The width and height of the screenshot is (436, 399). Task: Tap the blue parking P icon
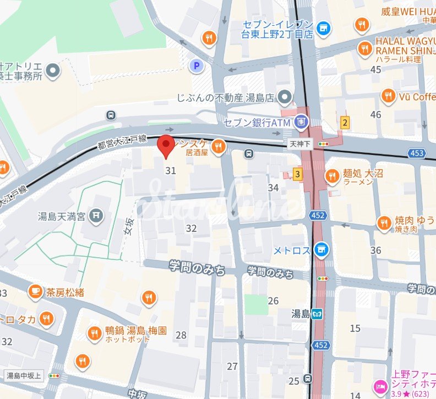[x=195, y=66]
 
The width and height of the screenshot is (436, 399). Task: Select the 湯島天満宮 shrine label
[x=61, y=215]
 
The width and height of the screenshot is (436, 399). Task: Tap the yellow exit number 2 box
[x=345, y=123]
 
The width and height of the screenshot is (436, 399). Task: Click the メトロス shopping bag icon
[x=321, y=251]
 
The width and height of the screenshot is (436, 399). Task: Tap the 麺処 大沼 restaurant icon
[x=332, y=176]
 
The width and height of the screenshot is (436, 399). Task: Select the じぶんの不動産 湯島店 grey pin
[x=284, y=98]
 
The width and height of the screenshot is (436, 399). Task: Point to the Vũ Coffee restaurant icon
[x=388, y=96]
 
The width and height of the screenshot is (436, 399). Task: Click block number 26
[x=273, y=301]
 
